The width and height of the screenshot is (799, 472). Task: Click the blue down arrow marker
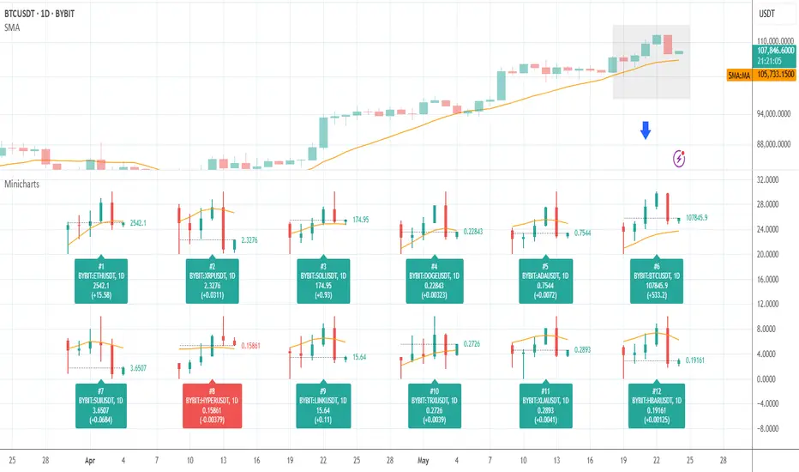[646, 130]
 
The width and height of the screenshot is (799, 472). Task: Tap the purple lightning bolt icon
[680, 158]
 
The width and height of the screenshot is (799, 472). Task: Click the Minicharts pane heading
[22, 184]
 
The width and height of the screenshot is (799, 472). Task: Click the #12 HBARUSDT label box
[653, 404]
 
